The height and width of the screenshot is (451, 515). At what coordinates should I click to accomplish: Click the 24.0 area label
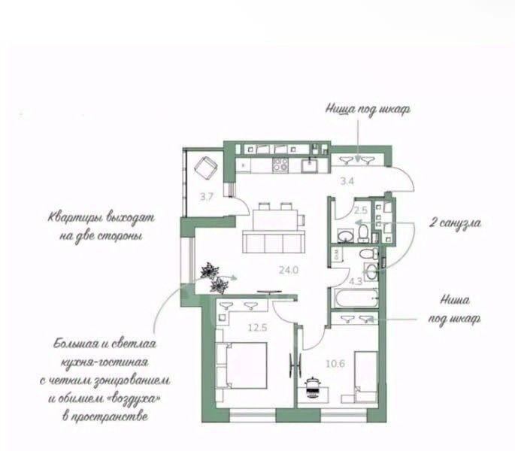(289, 270)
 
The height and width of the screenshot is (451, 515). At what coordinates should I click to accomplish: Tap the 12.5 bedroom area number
(258, 328)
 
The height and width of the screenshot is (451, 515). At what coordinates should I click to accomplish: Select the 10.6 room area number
(335, 364)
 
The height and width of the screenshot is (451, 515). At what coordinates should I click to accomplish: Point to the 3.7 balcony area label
(207, 197)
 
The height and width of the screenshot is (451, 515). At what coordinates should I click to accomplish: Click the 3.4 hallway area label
(347, 181)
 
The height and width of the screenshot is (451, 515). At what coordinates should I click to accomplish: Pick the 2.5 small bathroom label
(361, 210)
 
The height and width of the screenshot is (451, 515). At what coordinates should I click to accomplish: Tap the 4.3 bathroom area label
(356, 281)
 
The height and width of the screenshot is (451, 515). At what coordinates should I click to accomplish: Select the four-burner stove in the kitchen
(280, 165)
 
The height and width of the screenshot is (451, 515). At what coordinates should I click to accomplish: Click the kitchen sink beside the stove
(310, 165)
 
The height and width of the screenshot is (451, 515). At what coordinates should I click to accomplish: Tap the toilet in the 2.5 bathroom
(363, 233)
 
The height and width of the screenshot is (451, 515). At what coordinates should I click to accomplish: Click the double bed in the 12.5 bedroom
(241, 366)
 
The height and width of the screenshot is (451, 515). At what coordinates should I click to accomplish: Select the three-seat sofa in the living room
(274, 241)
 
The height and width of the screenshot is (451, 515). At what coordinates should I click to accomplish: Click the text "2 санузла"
(455, 223)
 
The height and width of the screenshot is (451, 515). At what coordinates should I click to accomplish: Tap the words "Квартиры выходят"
(101, 218)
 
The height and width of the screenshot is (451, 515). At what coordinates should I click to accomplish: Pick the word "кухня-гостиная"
(105, 362)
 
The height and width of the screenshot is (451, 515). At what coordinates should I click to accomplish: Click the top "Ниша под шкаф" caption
(368, 110)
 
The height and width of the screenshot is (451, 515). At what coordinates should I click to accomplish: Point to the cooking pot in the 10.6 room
(312, 388)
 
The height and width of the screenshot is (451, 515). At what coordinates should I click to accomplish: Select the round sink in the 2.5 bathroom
(345, 235)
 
